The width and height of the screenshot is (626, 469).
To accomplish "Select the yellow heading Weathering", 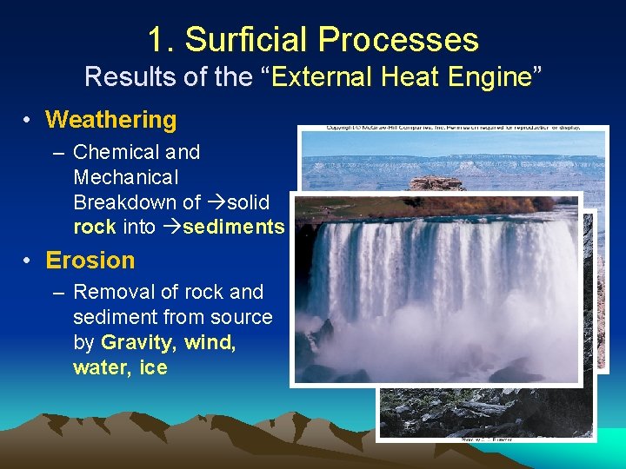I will coord(110,120).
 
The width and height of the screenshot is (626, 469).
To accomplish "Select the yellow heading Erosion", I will coord(90,261).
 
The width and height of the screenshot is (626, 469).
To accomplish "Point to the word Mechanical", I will coord(125,178).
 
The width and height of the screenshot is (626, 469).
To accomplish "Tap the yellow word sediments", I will coord(236,228).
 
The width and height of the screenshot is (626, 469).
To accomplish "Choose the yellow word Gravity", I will coord(137,343).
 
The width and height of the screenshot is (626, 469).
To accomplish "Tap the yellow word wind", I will coord(210,343).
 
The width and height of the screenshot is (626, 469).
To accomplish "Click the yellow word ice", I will coord(153,368).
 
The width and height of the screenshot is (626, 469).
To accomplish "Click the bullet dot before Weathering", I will coord(29,121).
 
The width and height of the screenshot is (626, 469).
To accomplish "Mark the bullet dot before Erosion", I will coord(29,261).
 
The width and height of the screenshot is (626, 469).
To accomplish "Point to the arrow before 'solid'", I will coord(216,203).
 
